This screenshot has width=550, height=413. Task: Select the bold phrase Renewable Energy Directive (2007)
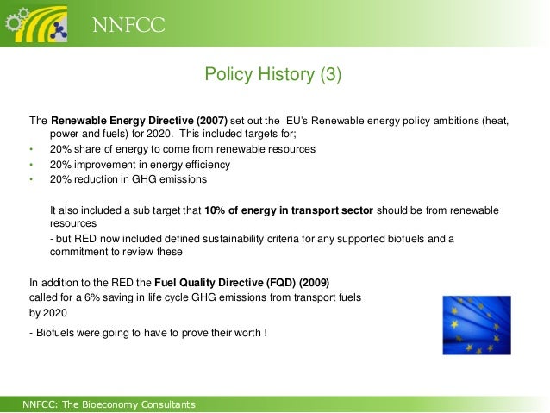click(139, 121)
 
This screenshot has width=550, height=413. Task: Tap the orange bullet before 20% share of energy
click(31, 149)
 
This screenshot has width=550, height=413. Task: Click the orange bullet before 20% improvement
click(31, 165)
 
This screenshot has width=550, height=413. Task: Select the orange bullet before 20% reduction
click(31, 180)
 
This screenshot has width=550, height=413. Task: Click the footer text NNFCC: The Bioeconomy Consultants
click(109, 404)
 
